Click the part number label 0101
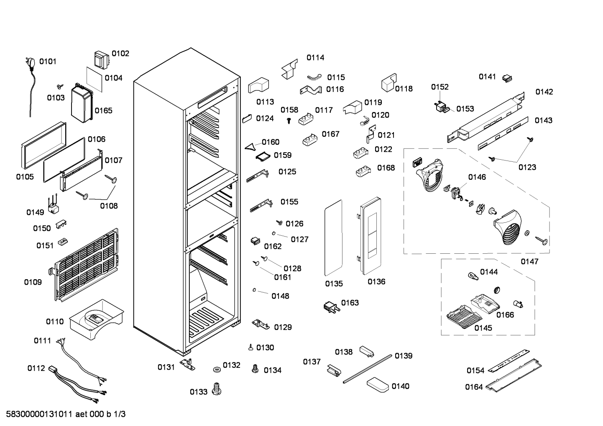48,61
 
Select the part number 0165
103,111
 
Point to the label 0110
55,321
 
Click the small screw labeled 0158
289,121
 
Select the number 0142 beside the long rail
544,92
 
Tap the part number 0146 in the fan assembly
477,177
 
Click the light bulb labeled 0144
473,276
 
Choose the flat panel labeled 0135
333,238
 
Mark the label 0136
376,282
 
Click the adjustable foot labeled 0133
217,388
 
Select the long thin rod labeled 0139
367,369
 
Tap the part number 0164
474,387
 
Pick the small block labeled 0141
507,78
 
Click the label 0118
404,89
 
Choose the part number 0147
529,262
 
